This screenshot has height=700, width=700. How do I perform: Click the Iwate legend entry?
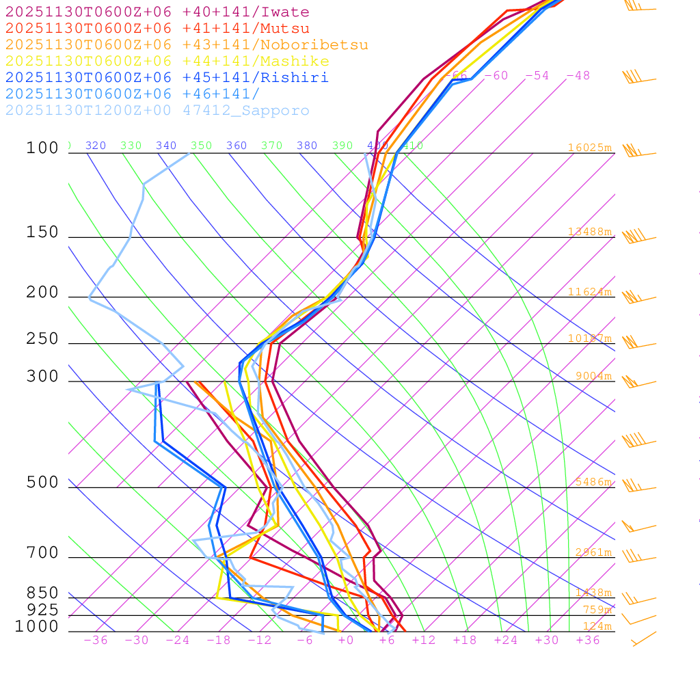pyautogui.click(x=157, y=12)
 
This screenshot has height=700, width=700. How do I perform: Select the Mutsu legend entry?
pyautogui.click(x=157, y=29)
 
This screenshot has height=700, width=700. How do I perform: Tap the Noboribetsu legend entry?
pyautogui.click(x=187, y=45)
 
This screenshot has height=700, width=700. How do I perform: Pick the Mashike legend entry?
pyautogui.click(x=167, y=62)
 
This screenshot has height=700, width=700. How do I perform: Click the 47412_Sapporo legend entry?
pyautogui.click(x=157, y=111)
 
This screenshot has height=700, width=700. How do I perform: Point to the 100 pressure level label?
pyautogui.click(x=42, y=148)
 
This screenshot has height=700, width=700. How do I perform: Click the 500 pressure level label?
pyautogui.click(x=42, y=483)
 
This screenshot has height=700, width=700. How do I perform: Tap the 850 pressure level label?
pyautogui.click(x=42, y=593)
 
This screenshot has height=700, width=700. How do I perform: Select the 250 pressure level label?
pyautogui.click(x=42, y=339)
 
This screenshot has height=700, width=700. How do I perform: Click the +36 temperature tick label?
pyautogui.click(x=588, y=640)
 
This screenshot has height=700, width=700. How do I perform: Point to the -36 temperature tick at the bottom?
pyautogui.click(x=95, y=640)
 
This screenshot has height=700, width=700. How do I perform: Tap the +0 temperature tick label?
pyautogui.click(x=346, y=640)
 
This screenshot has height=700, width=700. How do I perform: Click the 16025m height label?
pyautogui.click(x=589, y=148)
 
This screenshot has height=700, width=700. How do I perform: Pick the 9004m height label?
pyautogui.click(x=593, y=376)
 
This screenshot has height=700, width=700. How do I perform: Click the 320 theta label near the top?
pyautogui.click(x=96, y=146)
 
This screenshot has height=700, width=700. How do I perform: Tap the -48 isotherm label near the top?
pyautogui.click(x=578, y=75)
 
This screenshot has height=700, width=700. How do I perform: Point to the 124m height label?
pyautogui.click(x=597, y=626)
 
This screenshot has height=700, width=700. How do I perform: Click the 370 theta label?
pyautogui.click(x=271, y=146)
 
